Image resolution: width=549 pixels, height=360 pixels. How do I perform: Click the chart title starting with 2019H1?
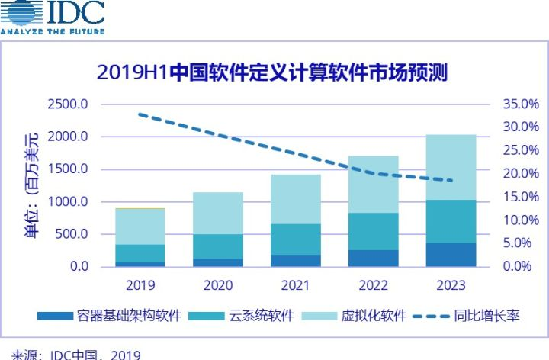[x=271, y=72]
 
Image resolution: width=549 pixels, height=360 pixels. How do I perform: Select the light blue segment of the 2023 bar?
[x=450, y=167]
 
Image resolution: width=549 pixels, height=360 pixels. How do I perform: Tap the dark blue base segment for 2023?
[x=450, y=255]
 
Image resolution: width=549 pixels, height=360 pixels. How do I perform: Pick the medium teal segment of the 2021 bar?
[x=295, y=239]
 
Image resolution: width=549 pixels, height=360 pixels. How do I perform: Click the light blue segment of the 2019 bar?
[x=140, y=227]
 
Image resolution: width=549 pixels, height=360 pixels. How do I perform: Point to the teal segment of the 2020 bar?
[x=217, y=246]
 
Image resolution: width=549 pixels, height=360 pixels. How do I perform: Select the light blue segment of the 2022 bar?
[x=373, y=184]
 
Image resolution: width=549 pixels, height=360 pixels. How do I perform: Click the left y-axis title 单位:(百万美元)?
[x=30, y=185]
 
